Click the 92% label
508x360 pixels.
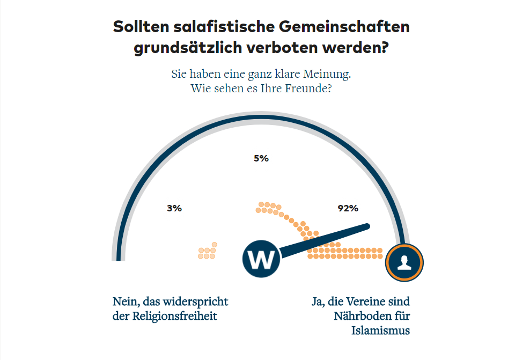click(348, 208)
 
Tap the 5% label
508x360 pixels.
click(261, 158)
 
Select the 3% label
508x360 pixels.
click(174, 208)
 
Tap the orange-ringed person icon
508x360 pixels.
click(404, 262)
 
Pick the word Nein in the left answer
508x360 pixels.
click(126, 302)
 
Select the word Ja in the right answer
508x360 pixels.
click(318, 302)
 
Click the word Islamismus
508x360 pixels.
click(380, 330)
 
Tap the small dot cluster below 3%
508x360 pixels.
click(208, 251)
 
